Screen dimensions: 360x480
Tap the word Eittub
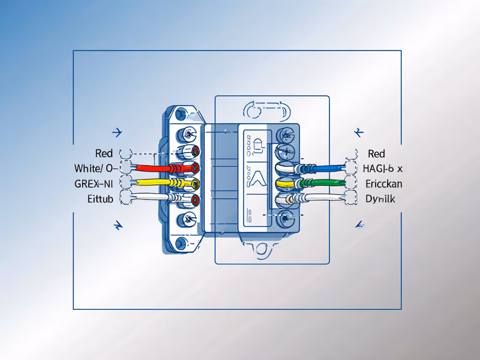coord(100,199)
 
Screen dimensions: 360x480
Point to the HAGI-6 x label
coord(382,168)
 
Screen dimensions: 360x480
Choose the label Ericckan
coord(383,183)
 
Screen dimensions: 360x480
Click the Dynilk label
coord(380,199)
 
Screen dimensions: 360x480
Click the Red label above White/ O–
coord(104,153)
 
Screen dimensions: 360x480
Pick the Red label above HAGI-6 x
coord(376,153)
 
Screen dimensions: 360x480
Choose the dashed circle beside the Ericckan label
coord(351,182)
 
